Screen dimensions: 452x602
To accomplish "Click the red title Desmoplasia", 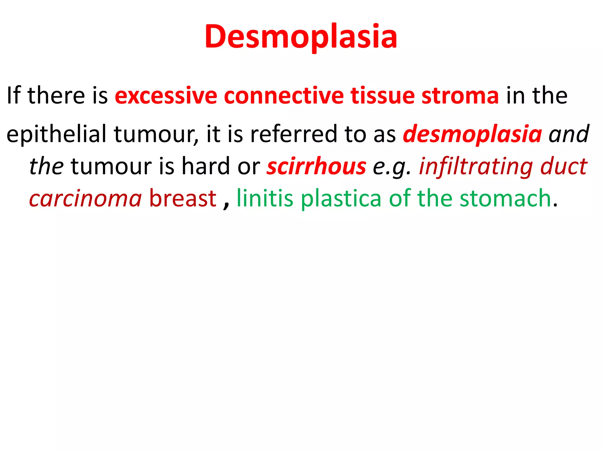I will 301,37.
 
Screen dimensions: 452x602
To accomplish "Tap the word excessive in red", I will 166,96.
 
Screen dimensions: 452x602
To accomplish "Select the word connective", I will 284,96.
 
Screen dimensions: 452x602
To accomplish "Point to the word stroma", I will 460,96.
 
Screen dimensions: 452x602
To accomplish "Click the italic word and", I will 569,134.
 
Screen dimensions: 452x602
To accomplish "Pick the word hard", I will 205,166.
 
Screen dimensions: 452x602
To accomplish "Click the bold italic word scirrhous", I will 316,166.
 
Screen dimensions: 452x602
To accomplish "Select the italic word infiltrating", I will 476,166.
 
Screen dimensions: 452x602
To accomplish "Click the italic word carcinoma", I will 86,199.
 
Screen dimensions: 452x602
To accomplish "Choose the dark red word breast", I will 183,199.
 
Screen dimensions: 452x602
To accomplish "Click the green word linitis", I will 265,199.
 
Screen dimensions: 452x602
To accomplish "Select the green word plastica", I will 341,199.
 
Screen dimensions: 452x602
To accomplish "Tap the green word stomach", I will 505,199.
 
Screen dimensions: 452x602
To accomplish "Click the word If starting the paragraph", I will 13,96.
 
